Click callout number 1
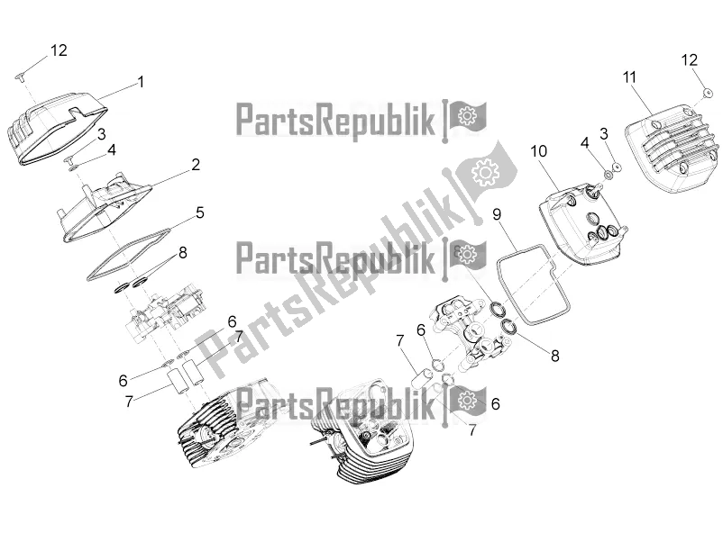click(x=142, y=82)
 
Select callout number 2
click(x=196, y=165)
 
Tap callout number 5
click(x=199, y=212)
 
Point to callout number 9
click(x=497, y=214)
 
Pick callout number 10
click(x=538, y=151)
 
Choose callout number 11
click(x=629, y=77)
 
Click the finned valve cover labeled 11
click(x=673, y=149)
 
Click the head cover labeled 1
click(x=55, y=128)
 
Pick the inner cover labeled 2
click(x=105, y=207)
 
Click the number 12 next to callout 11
click(x=690, y=59)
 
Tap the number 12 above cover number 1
click(x=59, y=50)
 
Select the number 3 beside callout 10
click(x=604, y=134)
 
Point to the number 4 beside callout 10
click(x=585, y=143)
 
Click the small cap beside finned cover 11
click(x=706, y=93)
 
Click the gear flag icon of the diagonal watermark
click(x=485, y=171)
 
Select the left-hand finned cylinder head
click(x=222, y=424)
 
